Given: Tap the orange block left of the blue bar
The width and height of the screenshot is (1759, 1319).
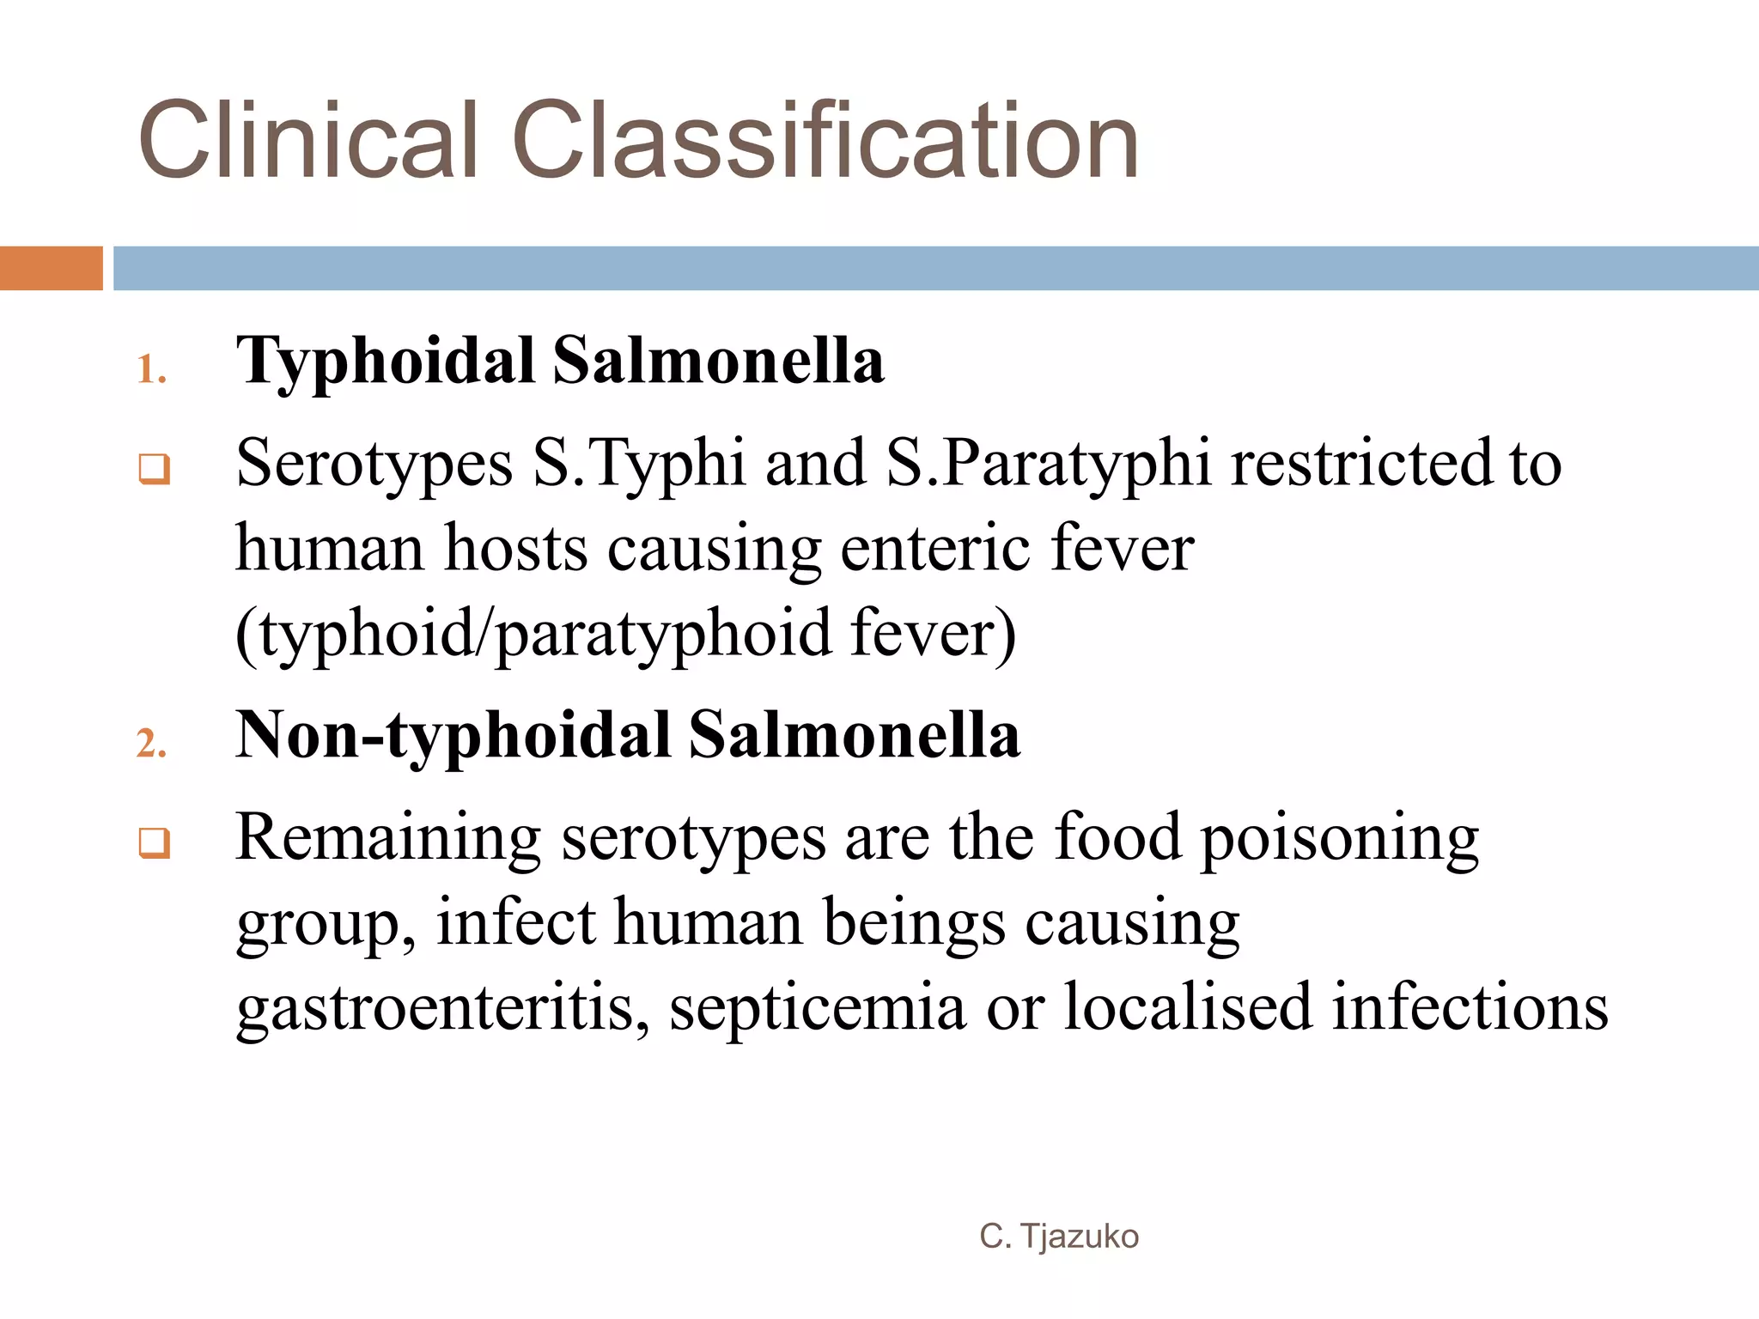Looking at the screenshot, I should pyautogui.click(x=51, y=268).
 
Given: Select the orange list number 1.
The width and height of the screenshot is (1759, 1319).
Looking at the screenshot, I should pyautogui.click(x=151, y=370).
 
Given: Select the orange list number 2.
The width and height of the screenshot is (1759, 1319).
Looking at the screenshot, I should pyautogui.click(x=151, y=743).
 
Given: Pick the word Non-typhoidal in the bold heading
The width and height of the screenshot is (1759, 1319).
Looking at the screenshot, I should pyautogui.click(x=453, y=737).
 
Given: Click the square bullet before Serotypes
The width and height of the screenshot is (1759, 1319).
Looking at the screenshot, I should pyautogui.click(x=155, y=469).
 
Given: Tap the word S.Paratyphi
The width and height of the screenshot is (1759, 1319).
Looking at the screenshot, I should pyautogui.click(x=1048, y=465).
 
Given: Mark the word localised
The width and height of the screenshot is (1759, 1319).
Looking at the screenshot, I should pyautogui.click(x=1188, y=1006).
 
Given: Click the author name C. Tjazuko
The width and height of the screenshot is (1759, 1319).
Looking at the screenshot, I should pyautogui.click(x=1059, y=1237).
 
